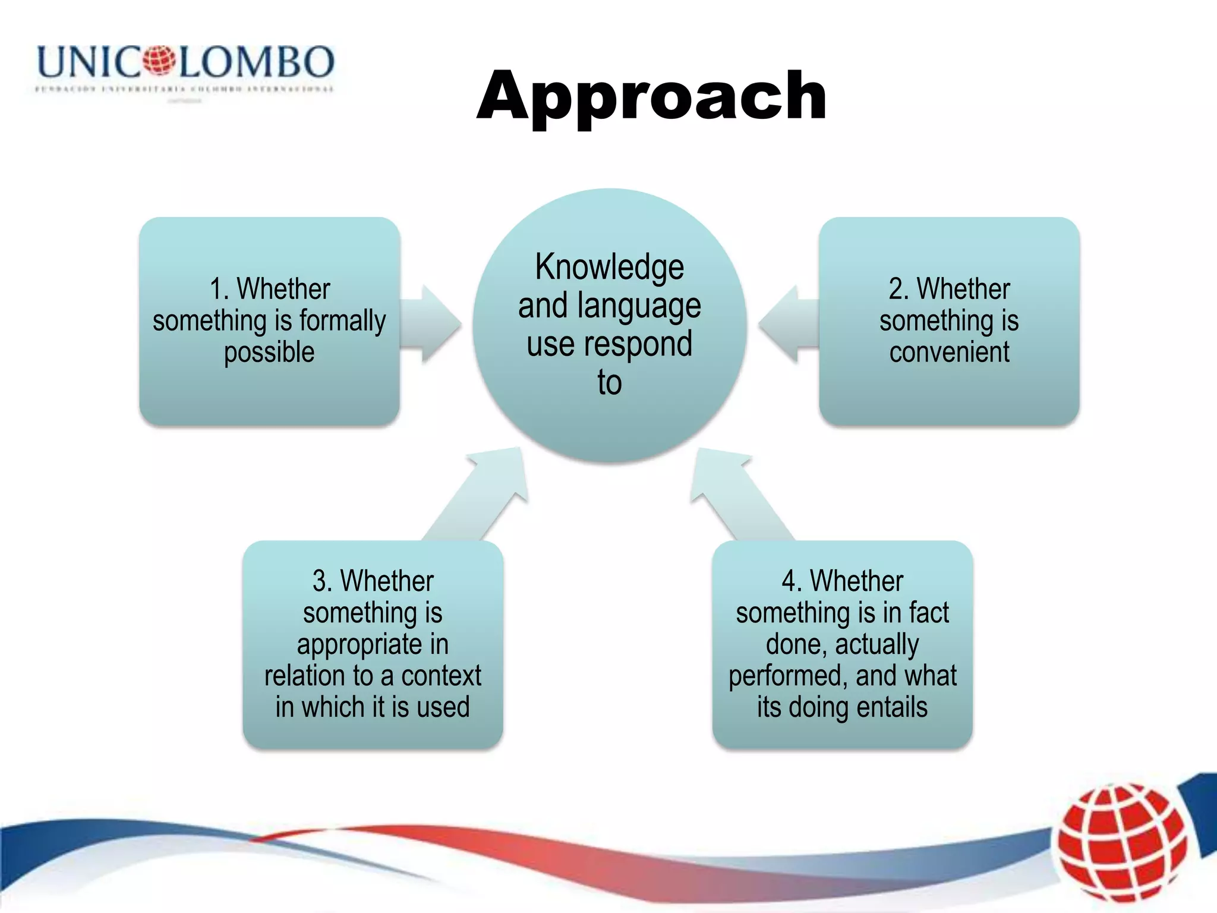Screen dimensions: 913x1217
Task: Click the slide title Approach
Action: click(651, 96)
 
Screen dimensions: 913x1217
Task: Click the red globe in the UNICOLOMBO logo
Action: click(159, 61)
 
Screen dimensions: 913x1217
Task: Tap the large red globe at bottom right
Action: click(1121, 842)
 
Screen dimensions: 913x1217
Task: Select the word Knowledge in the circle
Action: click(609, 267)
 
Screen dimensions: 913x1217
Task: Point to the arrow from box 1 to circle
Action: click(433, 325)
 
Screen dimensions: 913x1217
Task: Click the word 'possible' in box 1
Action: click(269, 352)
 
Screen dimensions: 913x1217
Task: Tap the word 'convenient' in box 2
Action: click(949, 352)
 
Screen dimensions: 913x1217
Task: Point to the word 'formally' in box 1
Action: click(342, 321)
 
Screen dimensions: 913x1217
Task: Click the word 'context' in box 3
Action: click(441, 676)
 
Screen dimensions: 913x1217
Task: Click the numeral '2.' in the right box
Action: click(898, 289)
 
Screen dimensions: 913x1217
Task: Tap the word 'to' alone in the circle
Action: click(609, 382)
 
